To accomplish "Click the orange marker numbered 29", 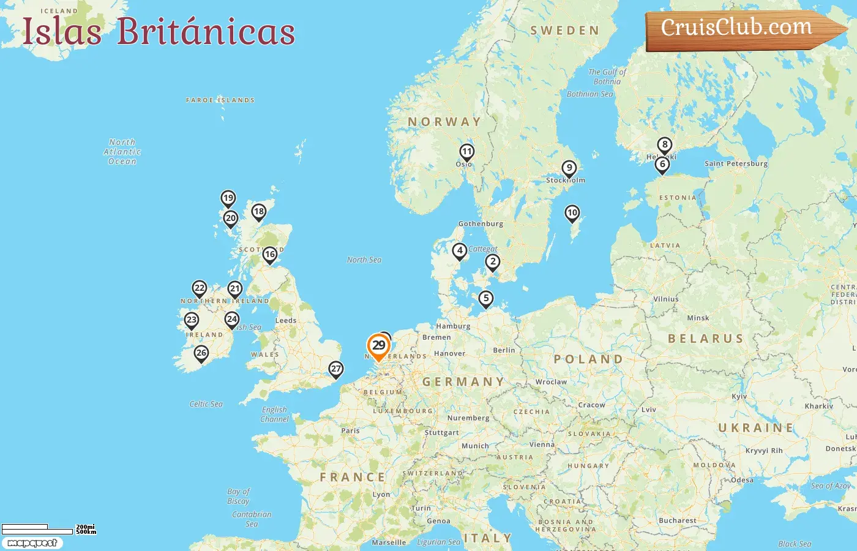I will pyautogui.click(x=379, y=346).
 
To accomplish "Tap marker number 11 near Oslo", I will pyautogui.click(x=467, y=152).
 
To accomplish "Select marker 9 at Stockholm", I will pyautogui.click(x=569, y=168).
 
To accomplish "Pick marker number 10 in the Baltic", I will pyautogui.click(x=572, y=213).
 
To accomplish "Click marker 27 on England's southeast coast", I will pyautogui.click(x=335, y=369).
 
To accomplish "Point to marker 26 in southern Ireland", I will pyautogui.click(x=201, y=353).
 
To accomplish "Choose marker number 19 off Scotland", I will pyautogui.click(x=228, y=198).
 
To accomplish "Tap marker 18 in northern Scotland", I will pyautogui.click(x=259, y=212).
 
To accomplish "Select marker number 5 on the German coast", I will pyautogui.click(x=485, y=299).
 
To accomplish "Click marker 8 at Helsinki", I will pyautogui.click(x=665, y=145).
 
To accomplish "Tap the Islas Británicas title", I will pyautogui.click(x=159, y=31).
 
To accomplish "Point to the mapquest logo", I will pyautogui.click(x=32, y=543).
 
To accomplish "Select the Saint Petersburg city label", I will pyautogui.click(x=736, y=163).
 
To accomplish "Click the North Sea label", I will pyautogui.click(x=364, y=260).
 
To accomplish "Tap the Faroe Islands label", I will pyautogui.click(x=220, y=100).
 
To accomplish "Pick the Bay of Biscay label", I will pyautogui.click(x=238, y=496).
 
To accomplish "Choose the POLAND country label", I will pyautogui.click(x=588, y=359).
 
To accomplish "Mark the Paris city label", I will pyautogui.click(x=350, y=430).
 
